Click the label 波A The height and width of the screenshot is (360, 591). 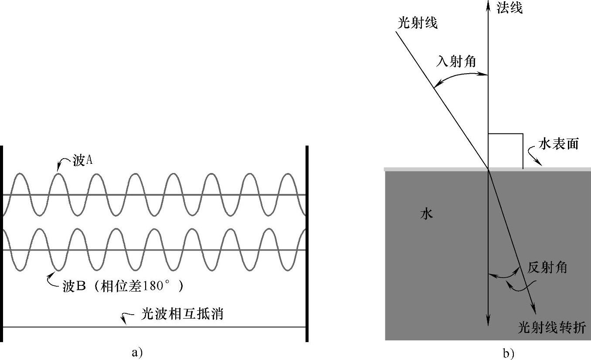(83, 161)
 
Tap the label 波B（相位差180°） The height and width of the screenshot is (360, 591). (122, 286)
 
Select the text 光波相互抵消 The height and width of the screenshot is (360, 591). (182, 314)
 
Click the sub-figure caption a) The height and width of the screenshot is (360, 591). (137, 352)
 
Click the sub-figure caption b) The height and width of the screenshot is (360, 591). (509, 353)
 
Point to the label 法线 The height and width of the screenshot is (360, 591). (510, 7)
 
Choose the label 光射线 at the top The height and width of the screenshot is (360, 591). (418, 23)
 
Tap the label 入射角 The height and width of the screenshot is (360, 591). (456, 62)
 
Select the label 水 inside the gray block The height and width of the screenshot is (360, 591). (427, 214)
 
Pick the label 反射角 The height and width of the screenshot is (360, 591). (547, 267)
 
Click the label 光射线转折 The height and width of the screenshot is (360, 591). (552, 327)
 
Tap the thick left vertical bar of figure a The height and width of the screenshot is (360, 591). (2, 244)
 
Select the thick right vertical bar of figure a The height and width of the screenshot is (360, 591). (307, 244)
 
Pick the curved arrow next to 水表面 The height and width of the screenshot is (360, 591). (534, 156)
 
